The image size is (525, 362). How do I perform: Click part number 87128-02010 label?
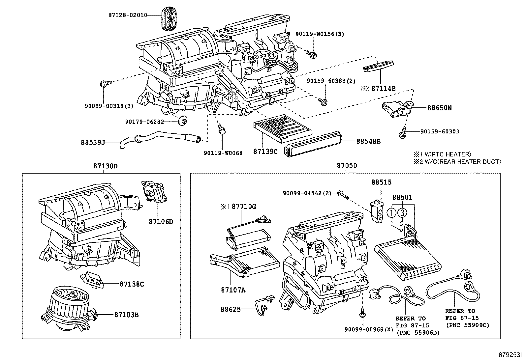click(x=127, y=15)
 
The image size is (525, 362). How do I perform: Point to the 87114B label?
click(x=384, y=88)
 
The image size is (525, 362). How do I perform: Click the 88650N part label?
click(x=440, y=108)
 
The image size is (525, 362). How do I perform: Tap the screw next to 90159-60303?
click(x=403, y=133)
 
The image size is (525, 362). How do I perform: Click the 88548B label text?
click(x=368, y=141)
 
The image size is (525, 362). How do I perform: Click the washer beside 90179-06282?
click(x=182, y=122)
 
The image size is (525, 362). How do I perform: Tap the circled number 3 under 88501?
click(x=402, y=213)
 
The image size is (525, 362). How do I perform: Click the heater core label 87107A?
click(x=233, y=290)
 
